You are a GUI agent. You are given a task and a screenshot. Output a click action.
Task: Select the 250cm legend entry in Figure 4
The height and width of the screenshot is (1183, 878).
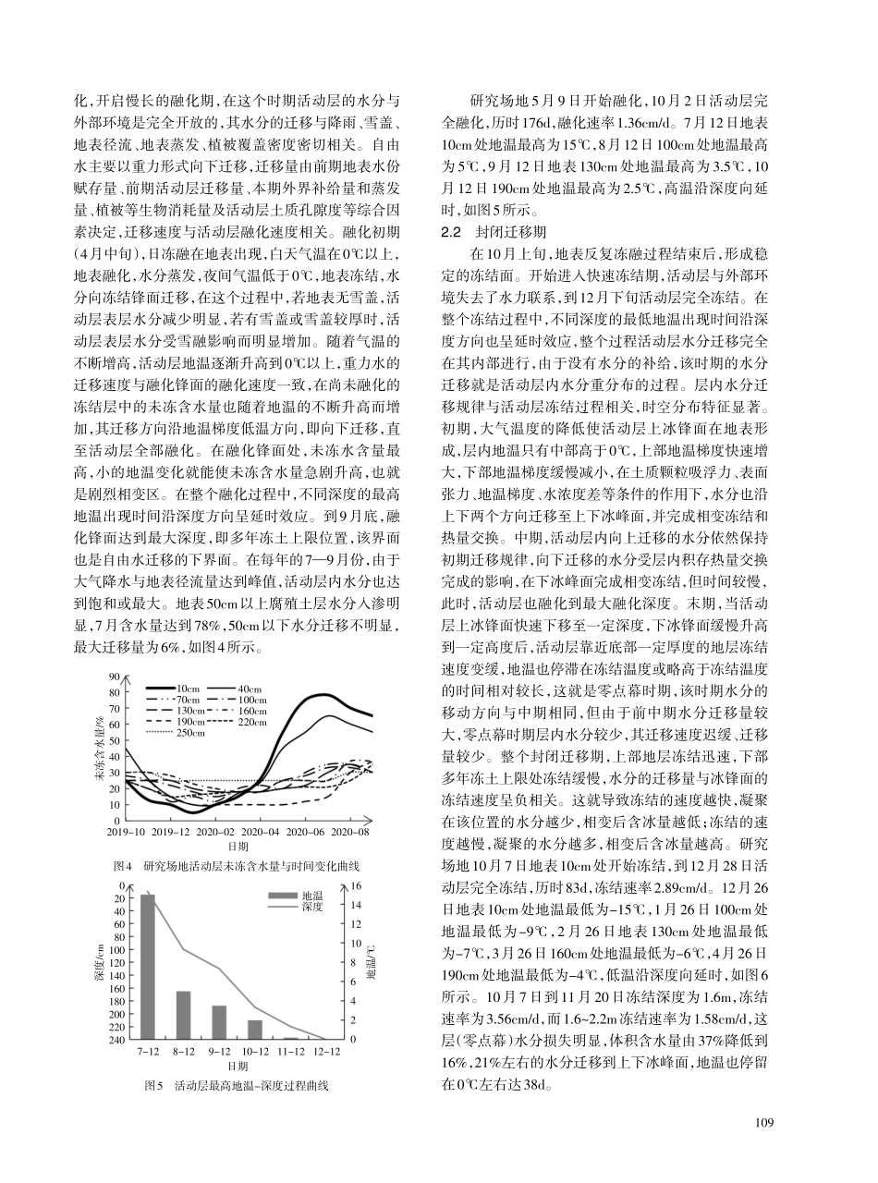190,733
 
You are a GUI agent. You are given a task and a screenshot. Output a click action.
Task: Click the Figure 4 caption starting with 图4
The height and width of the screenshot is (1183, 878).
236,866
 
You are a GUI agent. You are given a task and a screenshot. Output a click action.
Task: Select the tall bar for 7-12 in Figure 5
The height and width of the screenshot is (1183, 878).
148,967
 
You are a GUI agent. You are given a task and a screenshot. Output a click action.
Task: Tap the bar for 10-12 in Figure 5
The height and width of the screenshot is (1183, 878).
255,1030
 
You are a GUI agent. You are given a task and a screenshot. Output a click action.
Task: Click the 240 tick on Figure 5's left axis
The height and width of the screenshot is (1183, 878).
117,1040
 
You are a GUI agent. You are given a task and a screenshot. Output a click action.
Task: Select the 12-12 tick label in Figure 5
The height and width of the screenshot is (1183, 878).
326,1052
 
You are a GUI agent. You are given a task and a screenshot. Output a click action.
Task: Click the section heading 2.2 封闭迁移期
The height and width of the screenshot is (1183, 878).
494,231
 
